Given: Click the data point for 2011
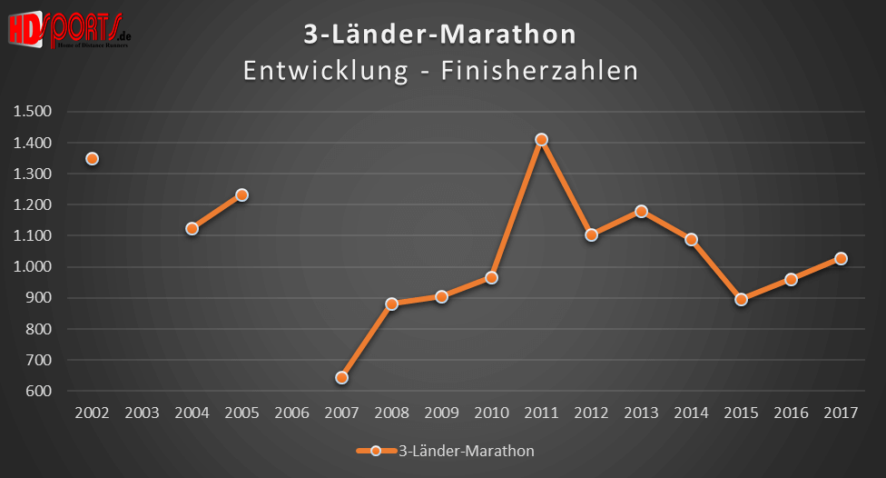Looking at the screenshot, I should coord(541,140).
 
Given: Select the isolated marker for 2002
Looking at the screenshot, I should coord(92,159).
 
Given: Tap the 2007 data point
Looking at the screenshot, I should coord(341,377).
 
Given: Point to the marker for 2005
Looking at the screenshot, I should coord(241,194).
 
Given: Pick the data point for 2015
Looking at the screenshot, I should coord(741,299).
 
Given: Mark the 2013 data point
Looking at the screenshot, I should coord(641,211).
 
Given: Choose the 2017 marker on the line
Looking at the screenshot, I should coord(841,258).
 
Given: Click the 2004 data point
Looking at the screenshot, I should coord(192,229).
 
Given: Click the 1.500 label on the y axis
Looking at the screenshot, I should coord(33,112).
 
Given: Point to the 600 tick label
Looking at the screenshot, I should coord(41,391).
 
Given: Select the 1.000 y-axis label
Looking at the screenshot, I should coord(33,267).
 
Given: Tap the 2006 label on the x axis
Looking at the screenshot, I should coord(291,413).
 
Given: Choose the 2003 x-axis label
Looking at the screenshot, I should coord(142,413).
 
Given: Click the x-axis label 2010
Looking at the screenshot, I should coord(491,413).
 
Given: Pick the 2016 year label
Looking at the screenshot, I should coord(791,413).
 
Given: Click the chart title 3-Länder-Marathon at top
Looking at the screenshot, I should coord(439,35).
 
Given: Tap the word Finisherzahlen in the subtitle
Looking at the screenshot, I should coord(540,70).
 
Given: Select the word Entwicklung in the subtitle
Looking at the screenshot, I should coord(325,70).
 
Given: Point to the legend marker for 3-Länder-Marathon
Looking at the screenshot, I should coord(375,450).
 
